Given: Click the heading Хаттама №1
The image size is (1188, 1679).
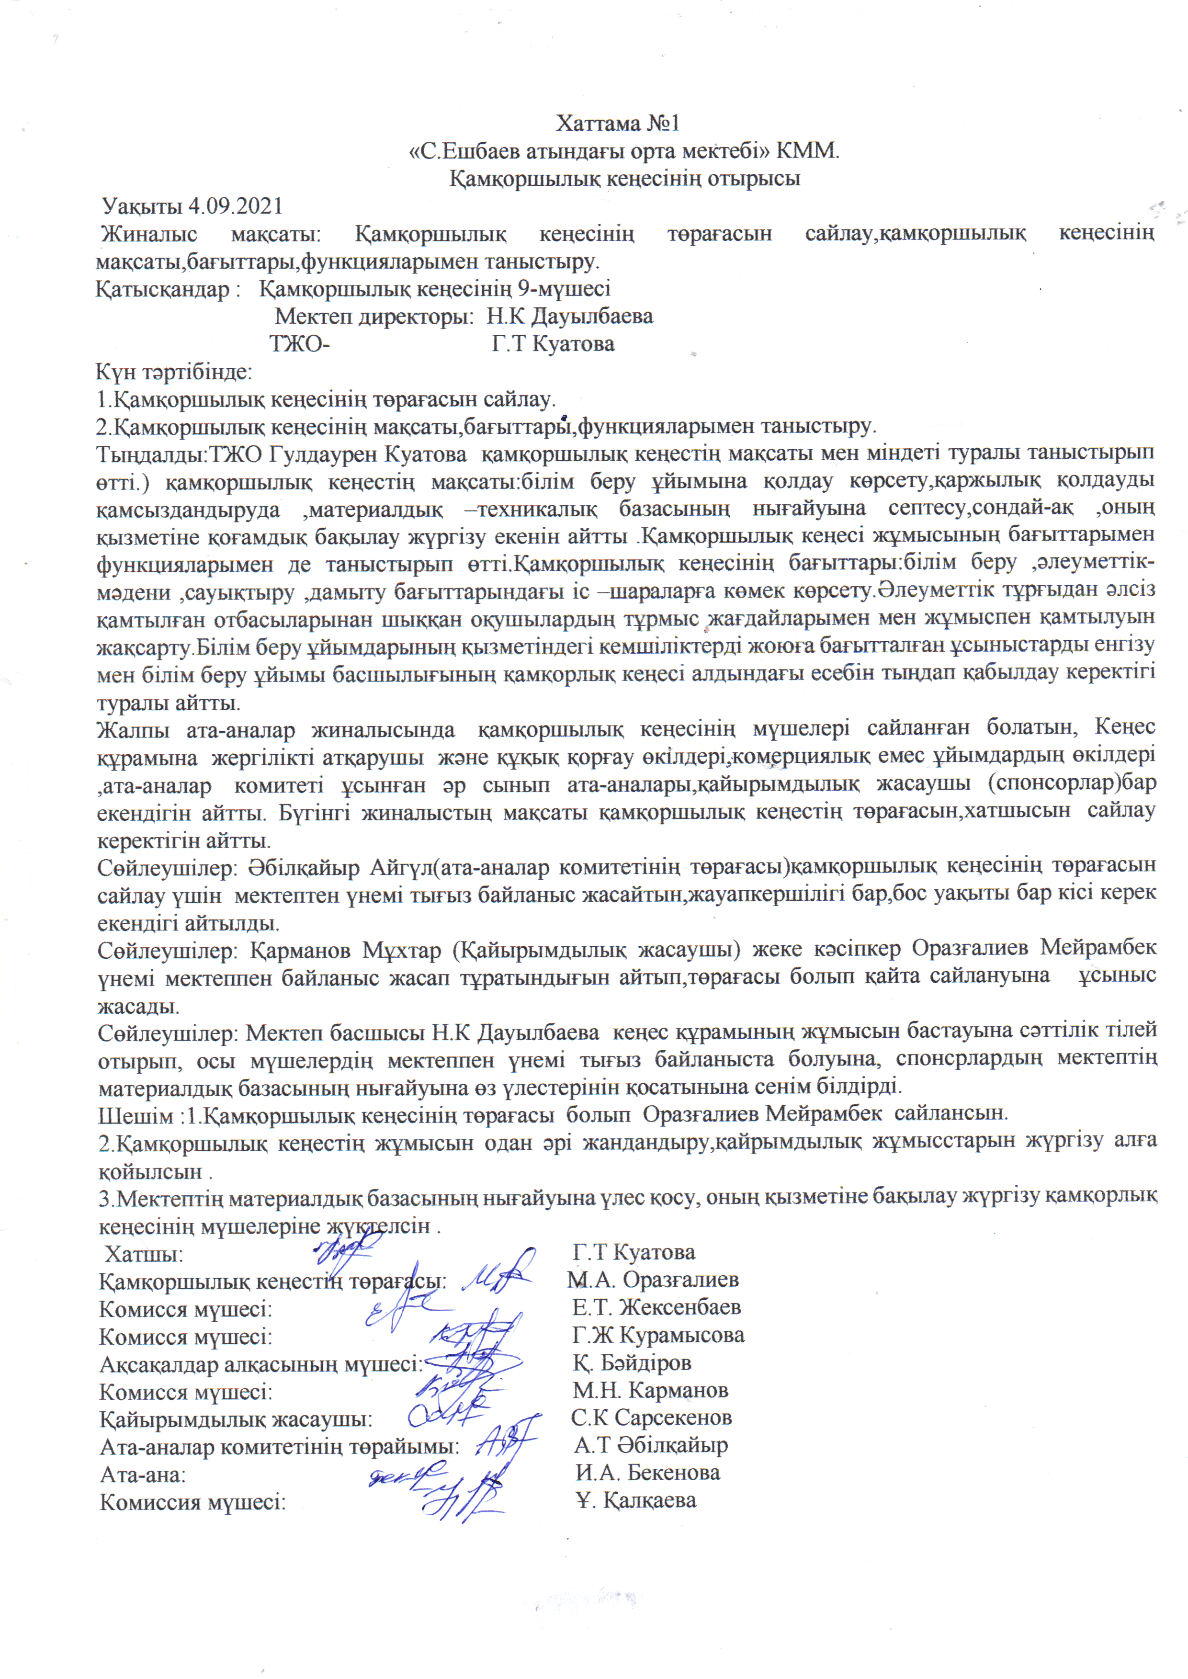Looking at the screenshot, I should (x=618, y=123).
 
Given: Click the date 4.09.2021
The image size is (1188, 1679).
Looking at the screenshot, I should (x=235, y=206).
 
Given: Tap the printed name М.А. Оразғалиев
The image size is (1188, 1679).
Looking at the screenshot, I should (x=653, y=1280).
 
